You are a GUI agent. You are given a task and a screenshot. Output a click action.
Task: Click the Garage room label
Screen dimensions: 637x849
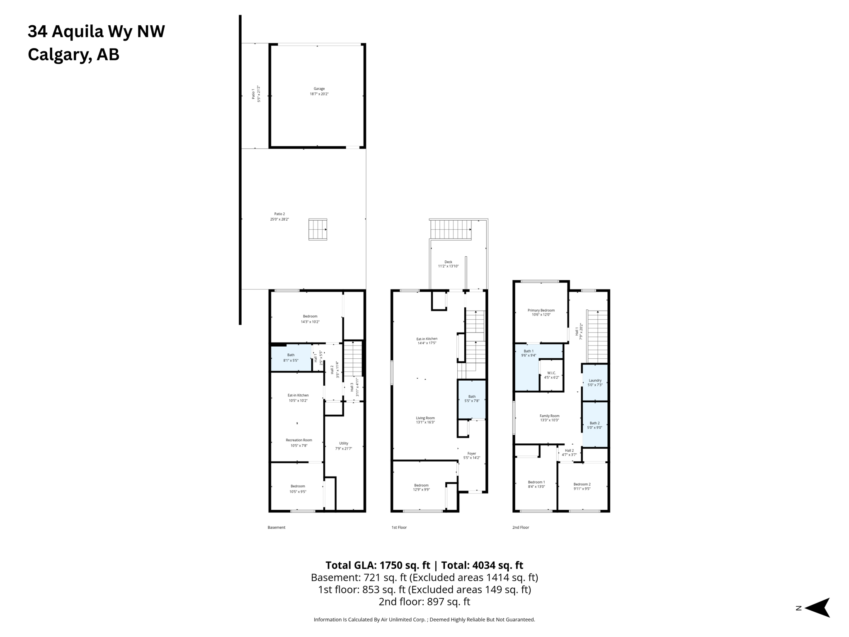point(319,91)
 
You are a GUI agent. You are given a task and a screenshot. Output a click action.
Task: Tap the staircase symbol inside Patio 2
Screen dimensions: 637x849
point(318,229)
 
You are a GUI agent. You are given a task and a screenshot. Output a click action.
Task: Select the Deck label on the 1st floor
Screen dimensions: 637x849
point(448,264)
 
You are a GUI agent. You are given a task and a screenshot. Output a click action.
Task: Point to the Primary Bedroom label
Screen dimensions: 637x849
point(541,312)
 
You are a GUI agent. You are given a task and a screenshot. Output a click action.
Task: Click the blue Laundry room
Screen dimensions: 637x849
point(595,382)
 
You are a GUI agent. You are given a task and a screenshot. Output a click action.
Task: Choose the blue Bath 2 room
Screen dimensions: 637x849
point(594,425)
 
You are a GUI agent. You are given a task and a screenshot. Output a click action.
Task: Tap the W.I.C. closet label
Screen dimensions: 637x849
point(551,375)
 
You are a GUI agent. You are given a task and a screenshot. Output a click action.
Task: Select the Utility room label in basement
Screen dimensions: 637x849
point(344,445)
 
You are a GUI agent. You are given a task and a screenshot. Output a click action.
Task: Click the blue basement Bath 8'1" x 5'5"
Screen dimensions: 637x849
point(291,357)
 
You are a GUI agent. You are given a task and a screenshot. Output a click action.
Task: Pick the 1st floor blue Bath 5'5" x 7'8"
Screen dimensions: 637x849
point(472,399)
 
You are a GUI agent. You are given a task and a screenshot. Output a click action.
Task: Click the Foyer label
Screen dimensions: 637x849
point(472,455)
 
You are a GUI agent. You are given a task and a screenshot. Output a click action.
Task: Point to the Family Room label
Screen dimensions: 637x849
point(549,418)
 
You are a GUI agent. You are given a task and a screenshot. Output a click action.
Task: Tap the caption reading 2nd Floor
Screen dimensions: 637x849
point(521,528)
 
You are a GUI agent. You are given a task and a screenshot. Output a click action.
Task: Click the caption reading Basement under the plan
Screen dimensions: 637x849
point(277,528)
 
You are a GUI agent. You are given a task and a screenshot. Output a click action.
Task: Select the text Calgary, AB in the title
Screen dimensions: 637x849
point(73,55)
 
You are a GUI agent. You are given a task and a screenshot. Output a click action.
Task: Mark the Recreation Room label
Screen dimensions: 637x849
point(298,442)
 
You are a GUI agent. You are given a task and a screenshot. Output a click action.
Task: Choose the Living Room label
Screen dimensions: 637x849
point(425,420)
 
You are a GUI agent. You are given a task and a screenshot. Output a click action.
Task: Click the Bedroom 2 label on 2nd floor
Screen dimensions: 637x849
point(582,486)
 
